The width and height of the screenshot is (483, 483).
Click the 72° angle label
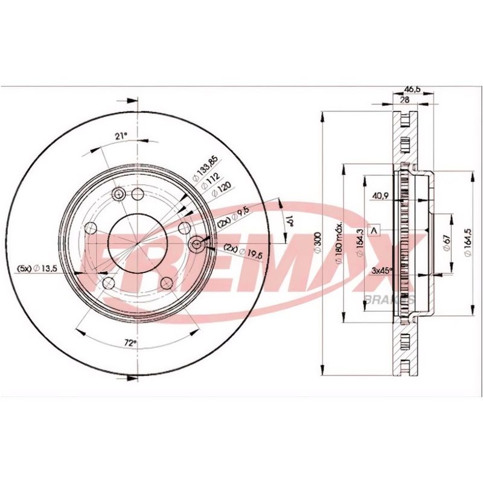point(129,342)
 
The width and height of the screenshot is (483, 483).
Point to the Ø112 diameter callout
point(209,179)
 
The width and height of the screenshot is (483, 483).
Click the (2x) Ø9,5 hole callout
point(233,218)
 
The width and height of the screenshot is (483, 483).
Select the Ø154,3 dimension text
point(359,243)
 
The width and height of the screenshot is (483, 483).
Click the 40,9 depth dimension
point(380,195)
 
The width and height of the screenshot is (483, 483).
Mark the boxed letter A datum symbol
point(374,231)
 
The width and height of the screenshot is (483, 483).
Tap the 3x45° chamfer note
point(382,270)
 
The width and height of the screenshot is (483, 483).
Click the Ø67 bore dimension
point(447,241)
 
